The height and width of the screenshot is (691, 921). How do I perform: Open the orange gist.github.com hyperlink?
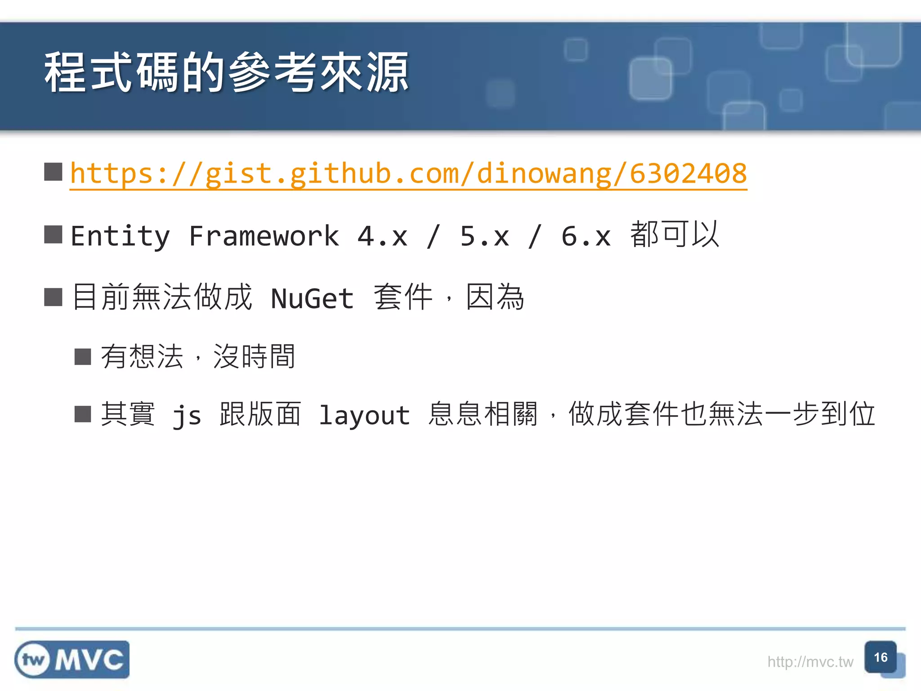(408, 174)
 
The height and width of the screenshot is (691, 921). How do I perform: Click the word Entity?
(121, 236)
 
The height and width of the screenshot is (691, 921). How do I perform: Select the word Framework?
(264, 236)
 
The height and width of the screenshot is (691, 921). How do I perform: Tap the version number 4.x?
(383, 236)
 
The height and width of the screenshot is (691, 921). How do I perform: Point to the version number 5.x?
(484, 236)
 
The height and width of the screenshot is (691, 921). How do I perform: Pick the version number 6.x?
(586, 236)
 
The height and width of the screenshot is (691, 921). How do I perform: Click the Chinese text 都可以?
(675, 234)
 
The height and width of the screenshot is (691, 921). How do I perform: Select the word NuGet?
(313, 298)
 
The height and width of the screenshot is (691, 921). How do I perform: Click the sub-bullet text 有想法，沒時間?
(198, 356)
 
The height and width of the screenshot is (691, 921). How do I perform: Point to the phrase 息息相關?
(483, 414)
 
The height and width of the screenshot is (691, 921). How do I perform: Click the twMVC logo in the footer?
(72, 660)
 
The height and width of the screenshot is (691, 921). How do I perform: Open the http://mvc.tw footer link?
(810, 662)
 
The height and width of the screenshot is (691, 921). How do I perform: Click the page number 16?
(881, 657)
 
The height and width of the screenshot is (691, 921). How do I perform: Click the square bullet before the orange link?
(53, 172)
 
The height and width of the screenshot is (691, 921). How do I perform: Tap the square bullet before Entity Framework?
(53, 234)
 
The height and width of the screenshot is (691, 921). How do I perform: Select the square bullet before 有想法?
(83, 357)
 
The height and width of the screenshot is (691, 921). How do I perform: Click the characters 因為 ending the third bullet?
(495, 297)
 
